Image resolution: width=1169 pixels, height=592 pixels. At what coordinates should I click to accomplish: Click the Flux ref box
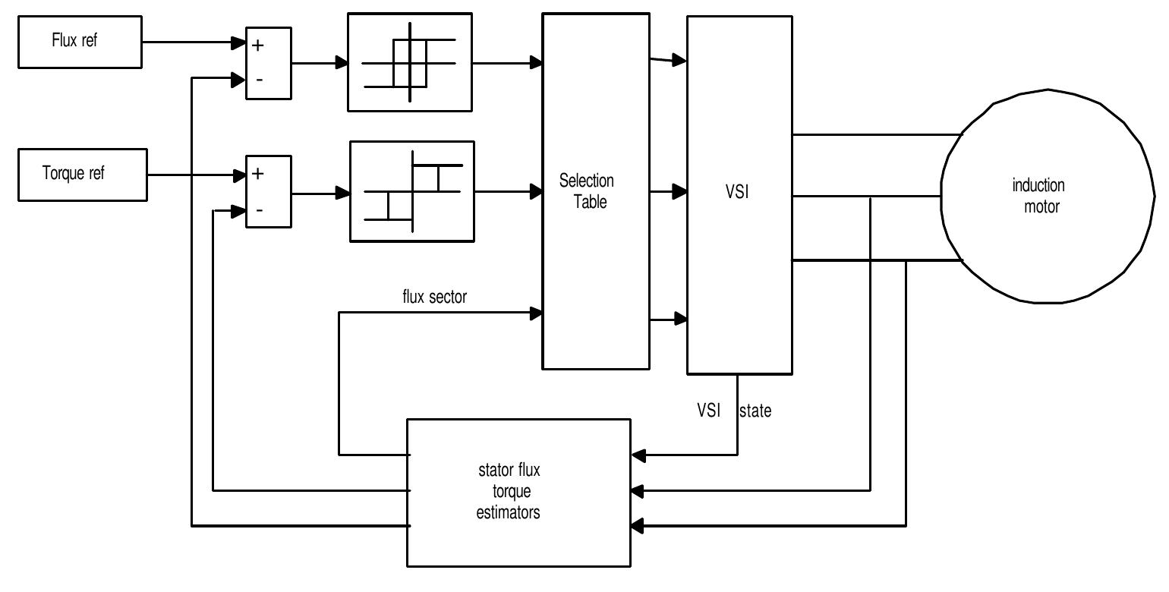pos(80,43)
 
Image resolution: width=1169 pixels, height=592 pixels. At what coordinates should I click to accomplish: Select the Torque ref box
pos(82,174)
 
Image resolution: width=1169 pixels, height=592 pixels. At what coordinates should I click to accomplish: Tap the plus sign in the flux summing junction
pos(258,46)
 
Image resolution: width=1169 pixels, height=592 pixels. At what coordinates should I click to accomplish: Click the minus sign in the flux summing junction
pos(258,80)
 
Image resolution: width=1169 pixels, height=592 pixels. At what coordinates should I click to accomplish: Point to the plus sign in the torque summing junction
pos(258,174)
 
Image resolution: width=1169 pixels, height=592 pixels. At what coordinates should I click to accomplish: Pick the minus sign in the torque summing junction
pos(258,210)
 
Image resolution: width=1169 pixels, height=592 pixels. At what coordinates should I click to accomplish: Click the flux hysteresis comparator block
pos(410,62)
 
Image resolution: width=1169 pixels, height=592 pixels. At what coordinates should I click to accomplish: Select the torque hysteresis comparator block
pos(411,191)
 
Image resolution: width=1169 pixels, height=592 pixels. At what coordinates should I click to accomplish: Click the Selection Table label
pos(587,191)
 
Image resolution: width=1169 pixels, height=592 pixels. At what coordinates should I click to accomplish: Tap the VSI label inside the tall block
pos(736,191)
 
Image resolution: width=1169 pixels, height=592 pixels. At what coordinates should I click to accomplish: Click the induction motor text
pos(1039,196)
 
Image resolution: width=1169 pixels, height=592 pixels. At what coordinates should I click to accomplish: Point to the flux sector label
pos(434,297)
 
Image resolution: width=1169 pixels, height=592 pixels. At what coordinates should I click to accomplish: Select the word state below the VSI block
pos(755,411)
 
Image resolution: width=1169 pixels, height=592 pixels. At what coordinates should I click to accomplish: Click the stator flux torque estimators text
pos(509,492)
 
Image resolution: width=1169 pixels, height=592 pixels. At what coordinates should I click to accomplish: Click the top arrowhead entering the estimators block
pos(638,455)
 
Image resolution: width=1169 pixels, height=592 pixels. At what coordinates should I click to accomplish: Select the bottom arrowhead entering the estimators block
pos(638,525)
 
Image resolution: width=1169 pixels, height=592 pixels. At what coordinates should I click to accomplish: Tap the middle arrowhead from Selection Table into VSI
pos(679,192)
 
